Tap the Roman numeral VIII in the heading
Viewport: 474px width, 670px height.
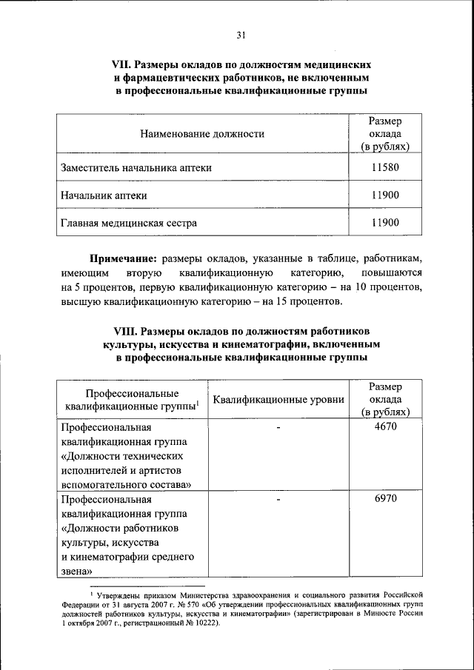pos(125,330)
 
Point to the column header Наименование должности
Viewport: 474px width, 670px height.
pos(201,134)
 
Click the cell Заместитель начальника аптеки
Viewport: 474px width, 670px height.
pos(136,168)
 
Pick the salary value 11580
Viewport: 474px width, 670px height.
pos(384,167)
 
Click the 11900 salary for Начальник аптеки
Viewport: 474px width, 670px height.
pos(384,195)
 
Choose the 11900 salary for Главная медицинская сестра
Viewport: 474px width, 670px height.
pos(384,221)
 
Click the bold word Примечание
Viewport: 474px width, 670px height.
pos(123,260)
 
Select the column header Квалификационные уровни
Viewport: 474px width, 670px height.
pos(278,400)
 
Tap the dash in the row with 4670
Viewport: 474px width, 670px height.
pos(278,428)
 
